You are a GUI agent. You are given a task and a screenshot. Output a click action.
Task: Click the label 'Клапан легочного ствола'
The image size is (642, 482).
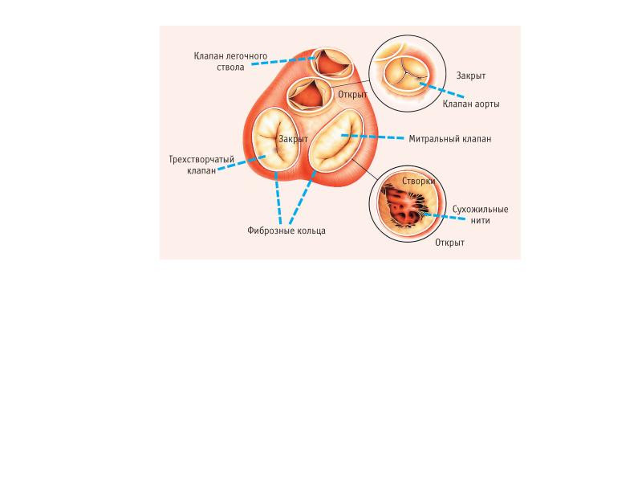[x=230, y=62]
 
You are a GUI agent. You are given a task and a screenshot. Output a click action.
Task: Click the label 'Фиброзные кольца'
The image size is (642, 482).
[x=286, y=231]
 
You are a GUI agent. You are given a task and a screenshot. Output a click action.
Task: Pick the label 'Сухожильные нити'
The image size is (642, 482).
[x=480, y=214]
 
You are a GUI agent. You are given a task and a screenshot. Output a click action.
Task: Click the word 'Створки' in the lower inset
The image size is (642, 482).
[x=418, y=182]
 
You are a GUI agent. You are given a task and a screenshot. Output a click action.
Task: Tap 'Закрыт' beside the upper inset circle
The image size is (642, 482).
[x=470, y=76]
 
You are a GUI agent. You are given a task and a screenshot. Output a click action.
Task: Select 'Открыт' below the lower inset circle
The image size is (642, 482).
[x=449, y=242]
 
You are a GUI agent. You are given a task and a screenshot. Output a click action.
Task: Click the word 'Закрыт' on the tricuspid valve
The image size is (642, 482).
[x=294, y=139]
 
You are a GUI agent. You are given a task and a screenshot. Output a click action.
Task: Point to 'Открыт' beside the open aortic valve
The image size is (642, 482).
[x=352, y=93]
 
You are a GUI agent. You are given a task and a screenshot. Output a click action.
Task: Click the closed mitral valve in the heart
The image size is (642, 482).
[x=337, y=141]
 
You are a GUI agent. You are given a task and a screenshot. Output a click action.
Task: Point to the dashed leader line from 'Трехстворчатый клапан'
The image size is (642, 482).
[x=241, y=165]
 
